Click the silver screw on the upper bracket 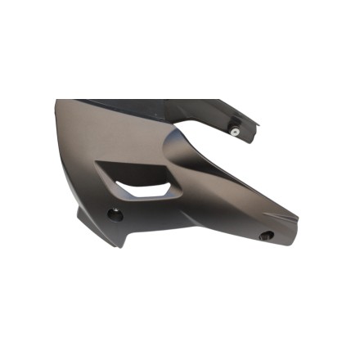coord(235,132)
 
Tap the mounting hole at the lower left coord(115,214)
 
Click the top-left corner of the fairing coord(57,101)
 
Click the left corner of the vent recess coord(97,163)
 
